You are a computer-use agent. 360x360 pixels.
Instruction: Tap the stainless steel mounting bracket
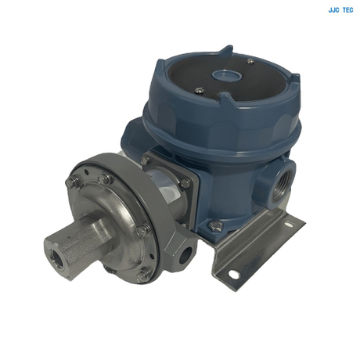(258, 243)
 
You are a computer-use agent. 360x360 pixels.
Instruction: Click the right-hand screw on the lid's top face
(250, 61)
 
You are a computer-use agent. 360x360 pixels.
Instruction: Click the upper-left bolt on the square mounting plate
(146, 161)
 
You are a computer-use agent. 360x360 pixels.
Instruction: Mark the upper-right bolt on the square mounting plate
(185, 183)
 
